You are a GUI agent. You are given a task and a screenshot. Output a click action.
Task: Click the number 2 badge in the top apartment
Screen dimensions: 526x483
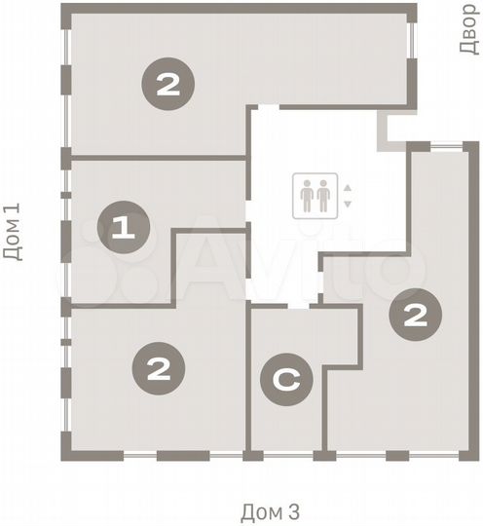(168, 85)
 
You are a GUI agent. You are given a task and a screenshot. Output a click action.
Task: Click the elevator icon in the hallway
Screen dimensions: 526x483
(315, 196)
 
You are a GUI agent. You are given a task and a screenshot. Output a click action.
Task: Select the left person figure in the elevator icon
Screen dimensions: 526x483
(307, 196)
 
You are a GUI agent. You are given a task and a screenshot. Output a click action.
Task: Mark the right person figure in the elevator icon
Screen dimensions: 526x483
(323, 196)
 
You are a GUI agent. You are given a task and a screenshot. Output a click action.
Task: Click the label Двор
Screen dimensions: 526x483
(468, 29)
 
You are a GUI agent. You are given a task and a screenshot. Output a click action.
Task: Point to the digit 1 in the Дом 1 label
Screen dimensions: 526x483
(12, 210)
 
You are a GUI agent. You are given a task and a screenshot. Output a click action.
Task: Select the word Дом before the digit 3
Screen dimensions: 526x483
(261, 511)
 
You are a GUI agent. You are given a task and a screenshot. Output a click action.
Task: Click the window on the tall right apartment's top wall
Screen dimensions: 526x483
(448, 146)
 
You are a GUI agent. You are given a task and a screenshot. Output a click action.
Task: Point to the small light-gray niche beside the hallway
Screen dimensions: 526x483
(392, 129)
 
